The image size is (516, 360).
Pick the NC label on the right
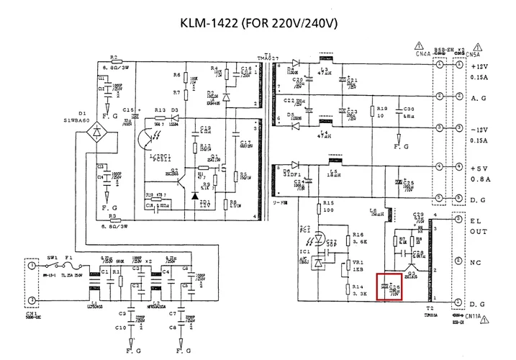coord(475,264)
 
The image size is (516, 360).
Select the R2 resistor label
coord(114,56)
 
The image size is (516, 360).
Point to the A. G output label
coord(479,97)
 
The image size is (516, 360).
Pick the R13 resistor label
coord(159,110)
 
